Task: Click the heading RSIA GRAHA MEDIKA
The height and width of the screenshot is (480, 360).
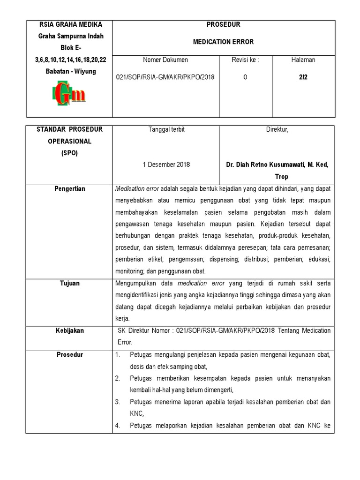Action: pos(69,24)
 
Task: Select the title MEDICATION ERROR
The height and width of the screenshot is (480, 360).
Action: pos(223,42)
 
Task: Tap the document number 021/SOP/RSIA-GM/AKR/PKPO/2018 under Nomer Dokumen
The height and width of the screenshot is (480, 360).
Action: pos(165,77)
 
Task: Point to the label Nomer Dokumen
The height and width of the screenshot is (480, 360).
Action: pos(165,60)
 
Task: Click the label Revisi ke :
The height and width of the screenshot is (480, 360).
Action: pos(245,60)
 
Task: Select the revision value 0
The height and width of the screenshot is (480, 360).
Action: pos(245,77)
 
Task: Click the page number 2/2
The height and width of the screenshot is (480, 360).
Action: pos(303,77)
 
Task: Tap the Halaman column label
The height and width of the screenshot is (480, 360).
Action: pos(303,60)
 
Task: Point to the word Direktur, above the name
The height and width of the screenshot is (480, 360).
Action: pos(277,130)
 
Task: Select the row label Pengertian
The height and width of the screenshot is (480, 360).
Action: pos(69,189)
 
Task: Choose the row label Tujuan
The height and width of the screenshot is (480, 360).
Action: pos(69,283)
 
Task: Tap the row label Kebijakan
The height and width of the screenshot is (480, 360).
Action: pos(69,330)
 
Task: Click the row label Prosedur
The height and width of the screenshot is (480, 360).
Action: pos(69,354)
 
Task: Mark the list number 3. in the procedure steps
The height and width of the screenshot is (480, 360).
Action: pos(119,402)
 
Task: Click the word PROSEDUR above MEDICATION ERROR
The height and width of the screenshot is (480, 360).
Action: pos(223,24)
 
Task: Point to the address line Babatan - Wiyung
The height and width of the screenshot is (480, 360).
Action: pos(69,71)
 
